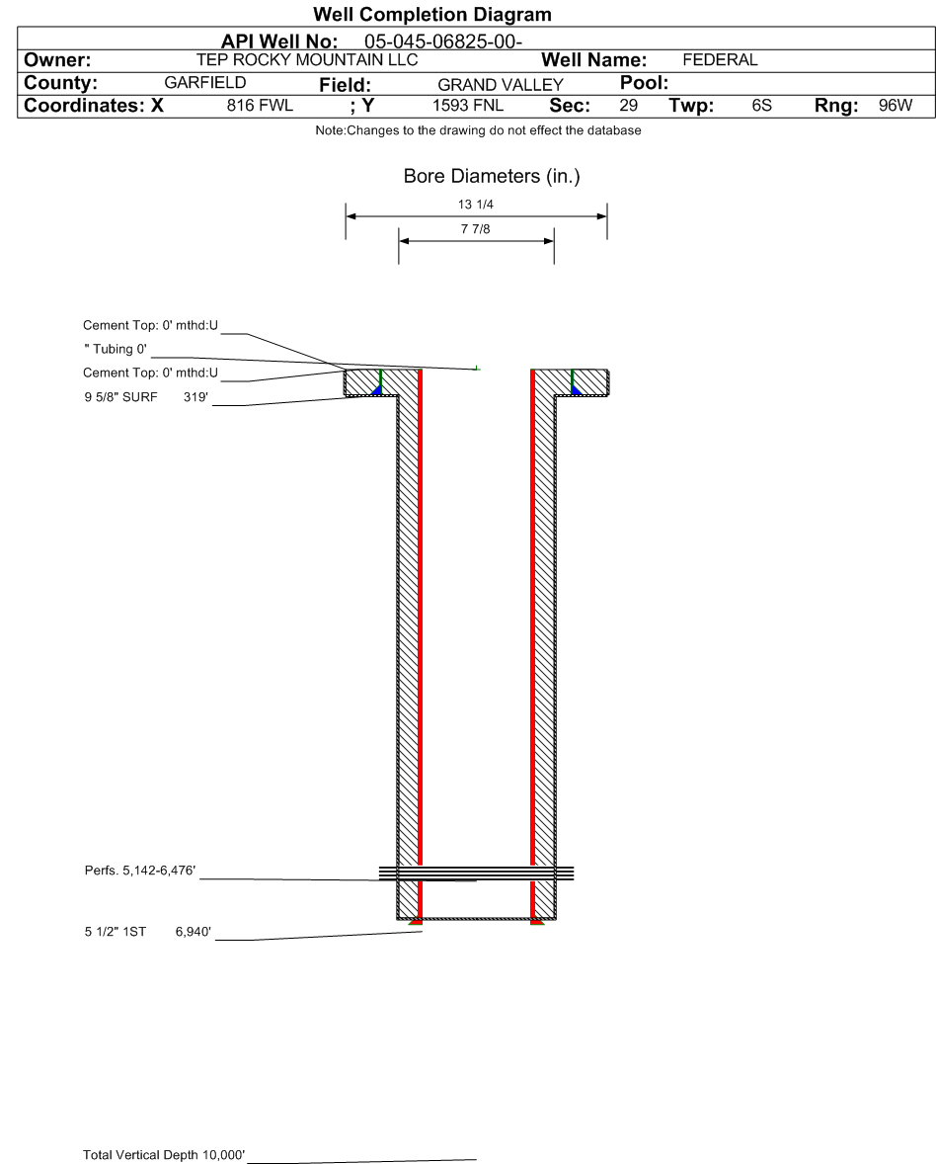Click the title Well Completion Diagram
(431, 15)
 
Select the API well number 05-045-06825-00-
(443, 42)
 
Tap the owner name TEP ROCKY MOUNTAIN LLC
(307, 60)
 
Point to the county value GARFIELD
(204, 83)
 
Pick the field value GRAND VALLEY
(500, 85)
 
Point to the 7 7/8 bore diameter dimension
(476, 230)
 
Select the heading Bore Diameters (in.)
(492, 177)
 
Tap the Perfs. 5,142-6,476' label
(140, 871)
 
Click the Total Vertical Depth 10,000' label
(164, 1155)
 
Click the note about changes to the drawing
(478, 131)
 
